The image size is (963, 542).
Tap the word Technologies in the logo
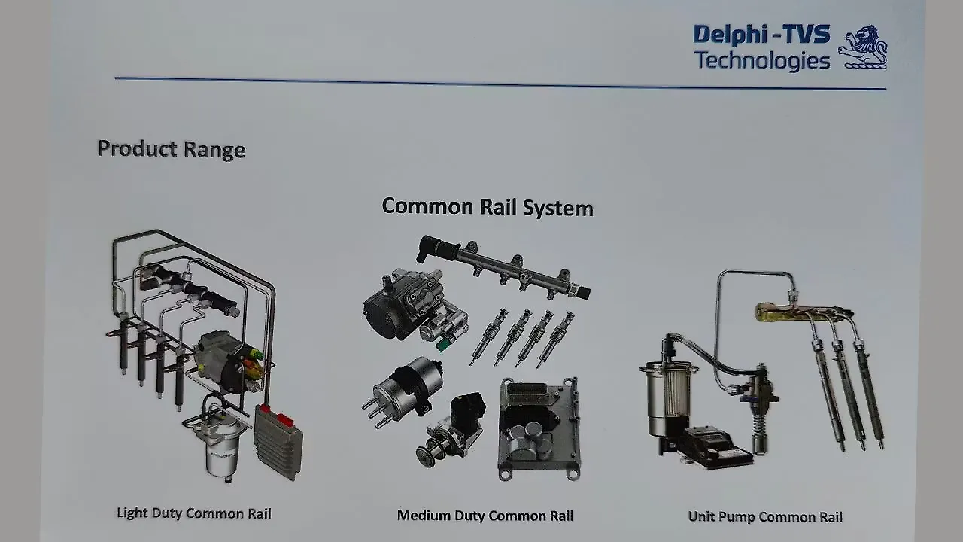pyautogui.click(x=761, y=60)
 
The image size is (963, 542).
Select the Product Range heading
pyautogui.click(x=172, y=148)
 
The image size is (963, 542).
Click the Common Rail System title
pyautogui.click(x=488, y=206)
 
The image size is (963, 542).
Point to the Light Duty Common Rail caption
pyautogui.click(x=193, y=513)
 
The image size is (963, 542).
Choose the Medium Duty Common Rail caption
pyautogui.click(x=485, y=516)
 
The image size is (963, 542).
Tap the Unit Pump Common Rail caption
pyautogui.click(x=765, y=516)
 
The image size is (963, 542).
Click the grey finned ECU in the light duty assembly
pyautogui.click(x=278, y=441)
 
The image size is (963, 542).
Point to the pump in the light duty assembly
pyautogui.click(x=226, y=361)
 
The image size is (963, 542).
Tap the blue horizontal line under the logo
pyautogui.click(x=500, y=84)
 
